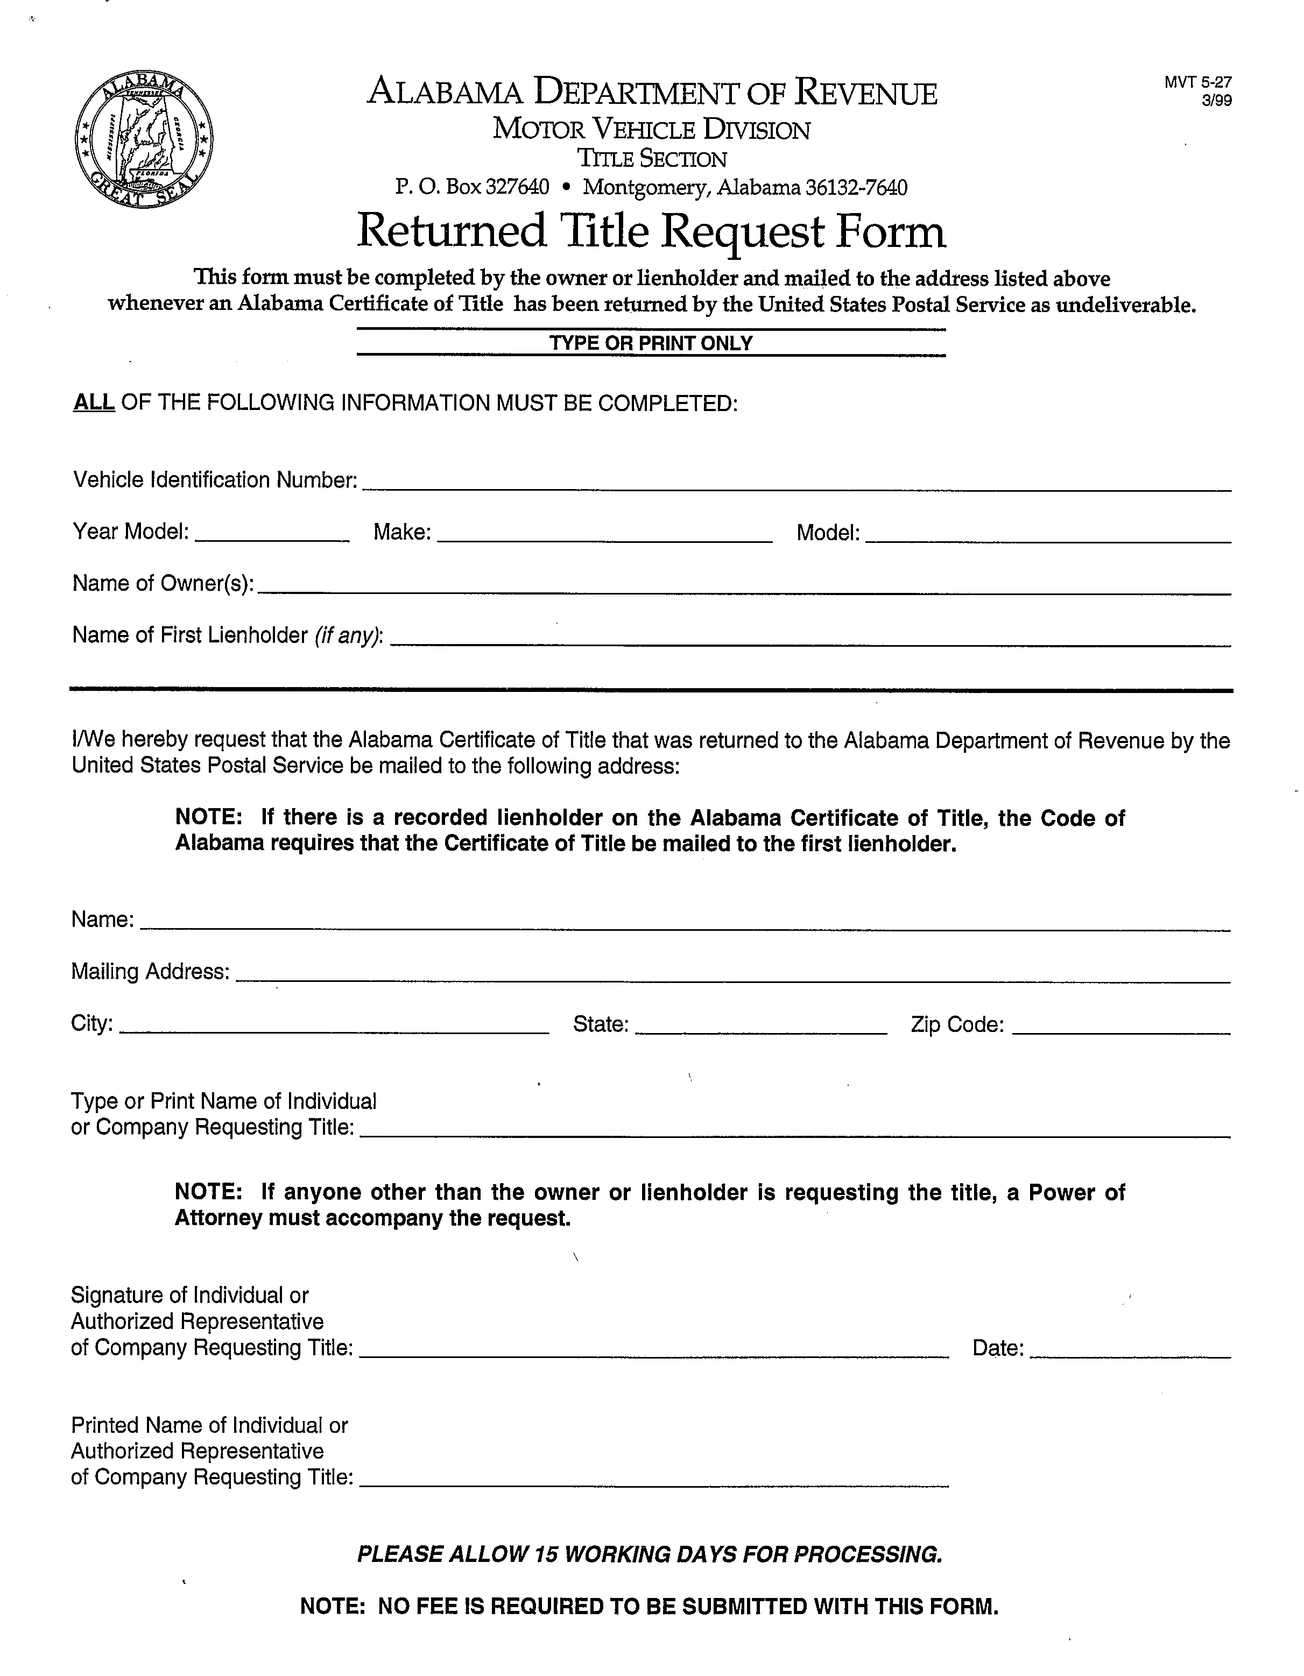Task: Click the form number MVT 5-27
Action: coord(1197,83)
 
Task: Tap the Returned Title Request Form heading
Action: coord(651,232)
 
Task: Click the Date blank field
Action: coord(1129,1350)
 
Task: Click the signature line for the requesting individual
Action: coord(654,1350)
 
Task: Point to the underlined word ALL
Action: coord(94,403)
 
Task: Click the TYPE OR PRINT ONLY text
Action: coord(651,343)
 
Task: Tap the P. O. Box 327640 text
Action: coord(472,187)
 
